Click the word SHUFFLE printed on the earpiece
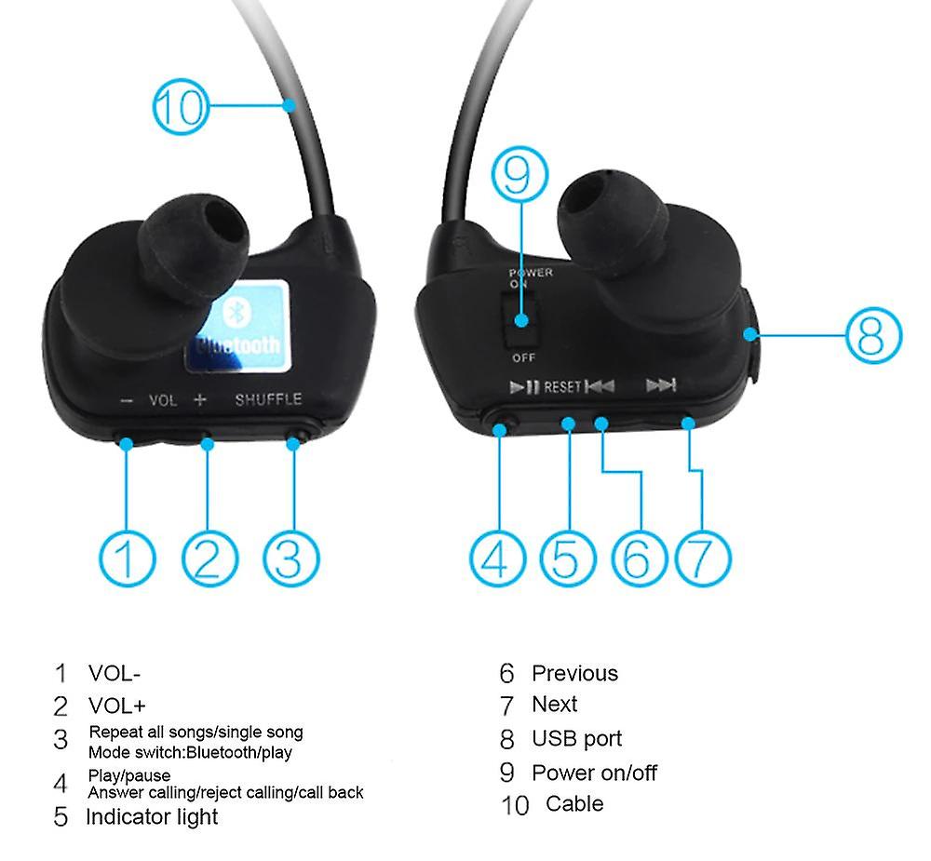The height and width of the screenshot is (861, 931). pos(268,399)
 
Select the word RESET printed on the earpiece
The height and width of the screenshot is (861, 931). pos(562,387)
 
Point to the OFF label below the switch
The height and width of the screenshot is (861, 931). pos(523,357)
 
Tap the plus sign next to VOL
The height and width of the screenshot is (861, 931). pos(200,399)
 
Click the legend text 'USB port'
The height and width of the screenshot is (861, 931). pos(576,739)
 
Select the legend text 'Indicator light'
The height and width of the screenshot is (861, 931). pos(152,817)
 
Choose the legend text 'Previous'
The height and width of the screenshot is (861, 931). pos(574,673)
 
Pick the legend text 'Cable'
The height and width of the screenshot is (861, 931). pos(574,804)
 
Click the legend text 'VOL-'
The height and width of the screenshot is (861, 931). pos(115,673)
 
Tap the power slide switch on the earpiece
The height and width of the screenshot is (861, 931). pos(521,319)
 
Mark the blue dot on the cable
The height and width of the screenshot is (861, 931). pos(290,106)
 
